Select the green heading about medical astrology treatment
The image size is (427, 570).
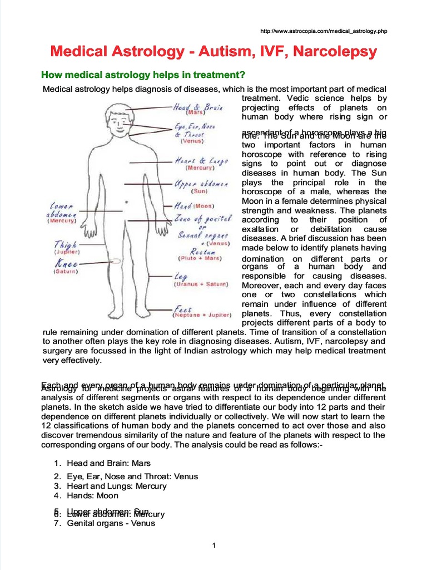tap(144, 75)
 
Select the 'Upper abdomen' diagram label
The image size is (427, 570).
tap(201, 183)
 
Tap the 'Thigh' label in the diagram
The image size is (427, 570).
tap(66, 244)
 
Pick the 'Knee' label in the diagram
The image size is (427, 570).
tap(66, 264)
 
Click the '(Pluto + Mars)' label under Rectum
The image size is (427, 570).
tap(200, 258)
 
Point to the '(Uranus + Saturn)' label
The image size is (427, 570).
tap(201, 284)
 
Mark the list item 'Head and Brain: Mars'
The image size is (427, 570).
tap(108, 463)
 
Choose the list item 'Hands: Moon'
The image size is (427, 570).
tap(93, 495)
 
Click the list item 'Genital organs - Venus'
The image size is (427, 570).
tap(111, 523)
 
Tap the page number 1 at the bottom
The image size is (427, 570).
tap(213, 545)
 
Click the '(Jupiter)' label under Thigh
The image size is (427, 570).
tap(66, 252)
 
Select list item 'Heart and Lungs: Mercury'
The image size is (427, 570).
tap(116, 486)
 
